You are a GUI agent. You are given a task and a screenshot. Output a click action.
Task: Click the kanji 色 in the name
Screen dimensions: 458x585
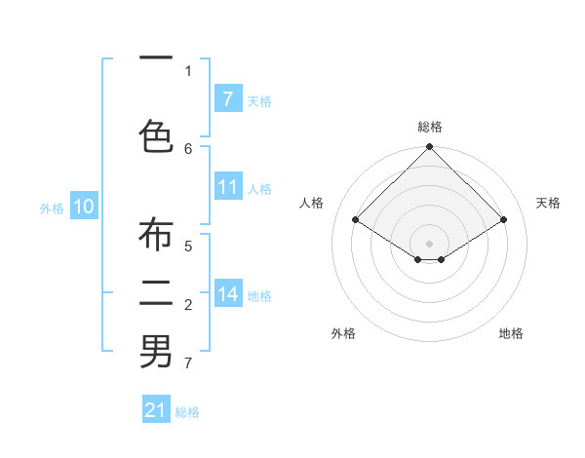156,136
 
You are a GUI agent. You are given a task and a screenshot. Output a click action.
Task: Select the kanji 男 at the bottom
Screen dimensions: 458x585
156,352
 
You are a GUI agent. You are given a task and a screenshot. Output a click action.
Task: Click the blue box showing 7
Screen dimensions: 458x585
227,99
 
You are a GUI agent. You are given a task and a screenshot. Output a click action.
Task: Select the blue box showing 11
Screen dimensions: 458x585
227,187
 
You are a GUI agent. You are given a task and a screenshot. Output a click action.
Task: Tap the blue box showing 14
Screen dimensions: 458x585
227,294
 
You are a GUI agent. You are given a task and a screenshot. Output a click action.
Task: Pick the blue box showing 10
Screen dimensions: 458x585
84,207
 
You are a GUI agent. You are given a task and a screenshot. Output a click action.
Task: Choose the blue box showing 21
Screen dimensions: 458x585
156,410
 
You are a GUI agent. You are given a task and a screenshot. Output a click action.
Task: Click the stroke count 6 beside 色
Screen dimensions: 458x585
188,148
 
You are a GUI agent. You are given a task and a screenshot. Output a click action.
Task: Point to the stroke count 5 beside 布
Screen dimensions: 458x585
188,246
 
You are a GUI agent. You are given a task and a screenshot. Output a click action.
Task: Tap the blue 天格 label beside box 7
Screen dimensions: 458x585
259,100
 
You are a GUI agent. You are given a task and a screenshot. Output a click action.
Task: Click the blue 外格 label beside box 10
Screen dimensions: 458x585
52,208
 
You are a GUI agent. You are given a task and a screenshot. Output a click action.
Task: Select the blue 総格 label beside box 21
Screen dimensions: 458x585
187,412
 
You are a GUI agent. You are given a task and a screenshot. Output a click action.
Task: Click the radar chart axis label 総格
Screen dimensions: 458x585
429,127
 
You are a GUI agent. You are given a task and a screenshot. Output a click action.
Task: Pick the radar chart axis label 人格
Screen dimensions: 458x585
312,203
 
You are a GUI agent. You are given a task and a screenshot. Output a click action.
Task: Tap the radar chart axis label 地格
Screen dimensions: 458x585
511,333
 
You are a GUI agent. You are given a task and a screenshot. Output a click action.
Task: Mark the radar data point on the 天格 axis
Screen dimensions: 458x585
503,220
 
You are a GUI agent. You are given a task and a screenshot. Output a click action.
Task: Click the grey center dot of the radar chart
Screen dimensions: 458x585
429,243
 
